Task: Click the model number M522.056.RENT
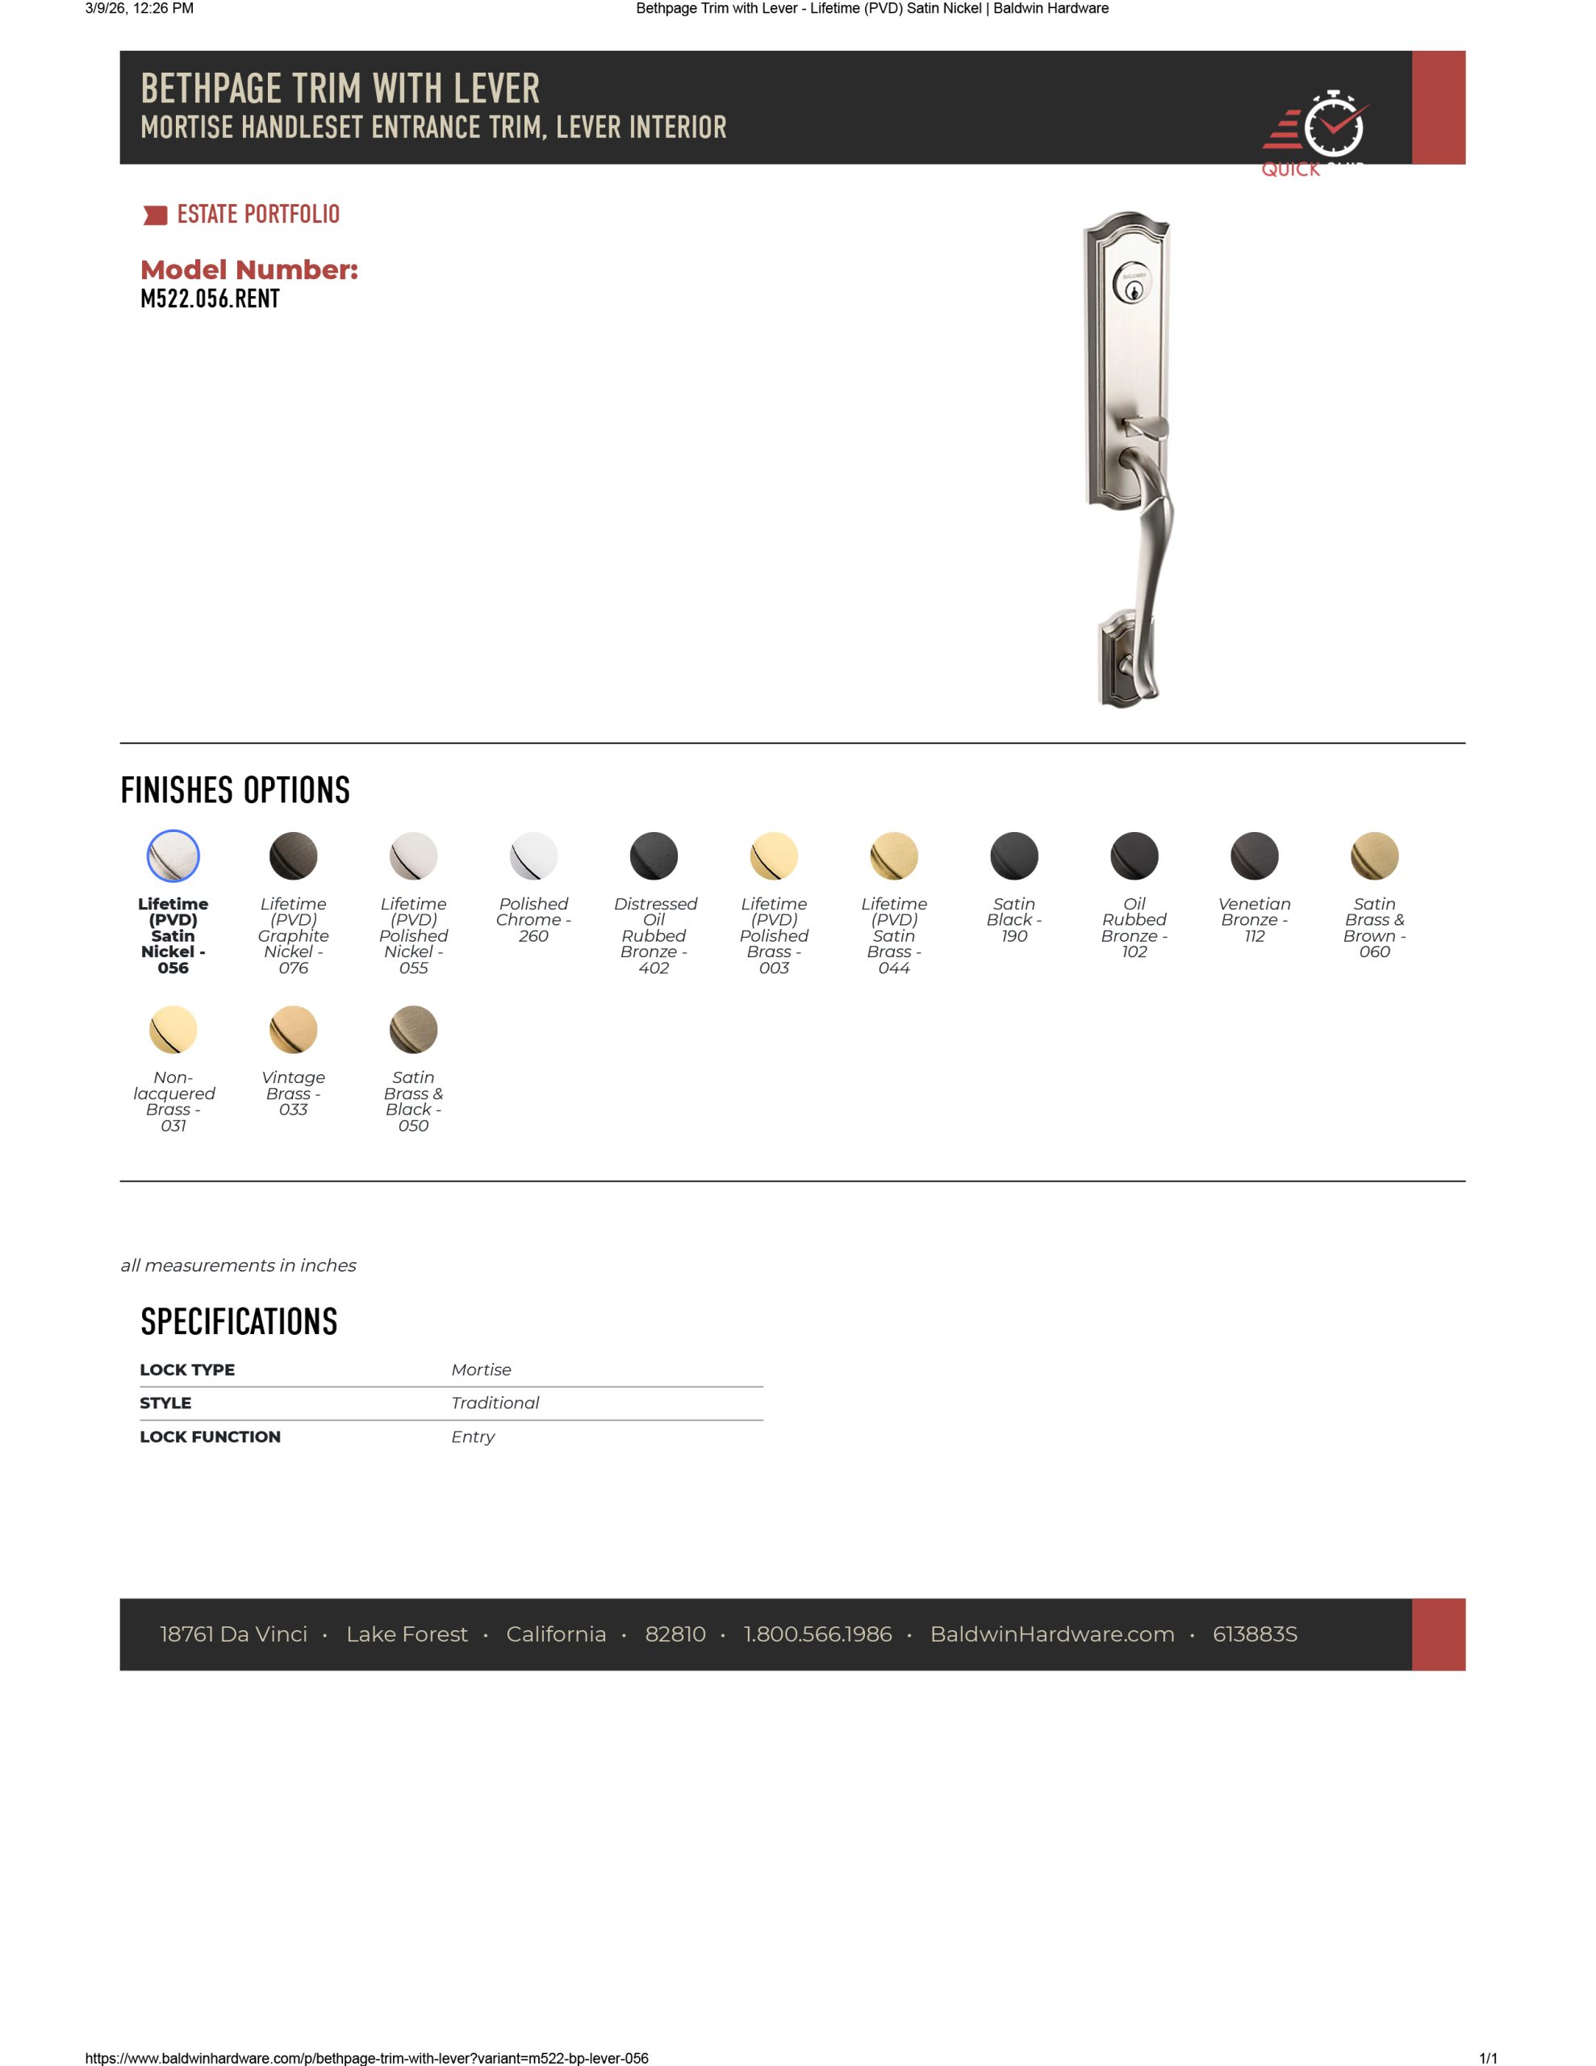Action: tap(209, 299)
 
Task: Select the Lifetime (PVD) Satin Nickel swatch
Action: tap(173, 855)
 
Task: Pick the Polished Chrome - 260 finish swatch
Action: tap(533, 855)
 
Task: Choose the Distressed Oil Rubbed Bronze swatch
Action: tap(654, 855)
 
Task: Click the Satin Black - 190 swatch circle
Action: tap(1014, 855)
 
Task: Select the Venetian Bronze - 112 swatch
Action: tap(1255, 855)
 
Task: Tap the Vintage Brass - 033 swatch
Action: tap(293, 1029)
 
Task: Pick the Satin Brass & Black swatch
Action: tap(413, 1029)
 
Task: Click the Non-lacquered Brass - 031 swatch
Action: tap(173, 1029)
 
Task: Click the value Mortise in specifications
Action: tap(481, 1369)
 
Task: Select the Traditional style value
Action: tap(495, 1402)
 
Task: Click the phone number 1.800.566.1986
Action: tap(817, 1633)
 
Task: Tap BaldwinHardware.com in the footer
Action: tap(1052, 1633)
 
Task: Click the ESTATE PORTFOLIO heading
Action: tap(257, 215)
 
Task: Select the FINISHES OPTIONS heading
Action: tap(236, 790)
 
